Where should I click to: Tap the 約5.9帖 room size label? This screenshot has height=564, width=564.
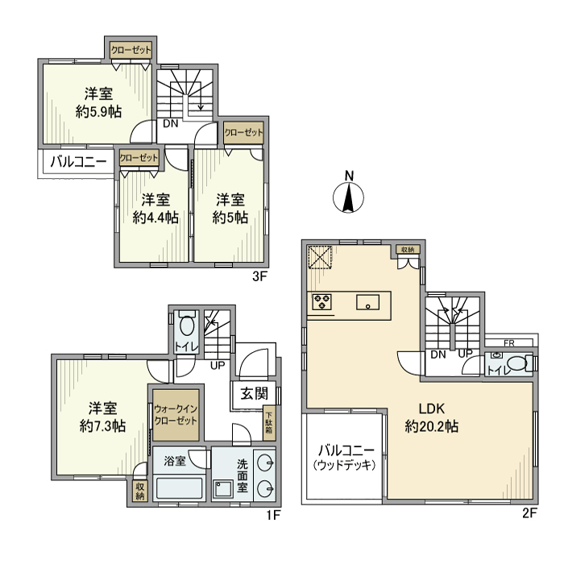click(x=98, y=112)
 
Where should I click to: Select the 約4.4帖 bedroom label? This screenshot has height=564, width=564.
click(x=156, y=218)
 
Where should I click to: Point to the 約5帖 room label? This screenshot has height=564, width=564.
click(x=230, y=218)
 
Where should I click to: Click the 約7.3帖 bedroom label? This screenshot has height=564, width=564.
click(x=102, y=426)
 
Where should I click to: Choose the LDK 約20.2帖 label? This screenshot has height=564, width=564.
click(x=432, y=417)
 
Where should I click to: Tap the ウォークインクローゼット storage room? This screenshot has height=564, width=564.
click(x=176, y=415)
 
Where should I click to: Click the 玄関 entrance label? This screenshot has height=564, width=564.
click(x=255, y=394)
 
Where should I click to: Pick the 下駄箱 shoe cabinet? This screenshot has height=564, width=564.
click(x=269, y=423)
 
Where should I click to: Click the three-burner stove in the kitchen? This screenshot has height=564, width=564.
click(x=322, y=302)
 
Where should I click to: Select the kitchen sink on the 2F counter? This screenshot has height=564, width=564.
click(x=367, y=302)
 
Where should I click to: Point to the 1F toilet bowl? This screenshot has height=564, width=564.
click(x=186, y=326)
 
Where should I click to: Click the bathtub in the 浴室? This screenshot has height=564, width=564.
click(x=180, y=488)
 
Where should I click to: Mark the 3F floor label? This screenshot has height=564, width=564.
click(x=259, y=277)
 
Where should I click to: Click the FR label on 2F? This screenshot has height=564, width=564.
click(x=509, y=343)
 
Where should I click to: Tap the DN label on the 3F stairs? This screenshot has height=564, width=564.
click(x=171, y=124)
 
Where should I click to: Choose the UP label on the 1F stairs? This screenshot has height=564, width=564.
click(x=218, y=366)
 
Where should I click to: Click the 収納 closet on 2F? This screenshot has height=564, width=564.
click(x=408, y=250)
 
